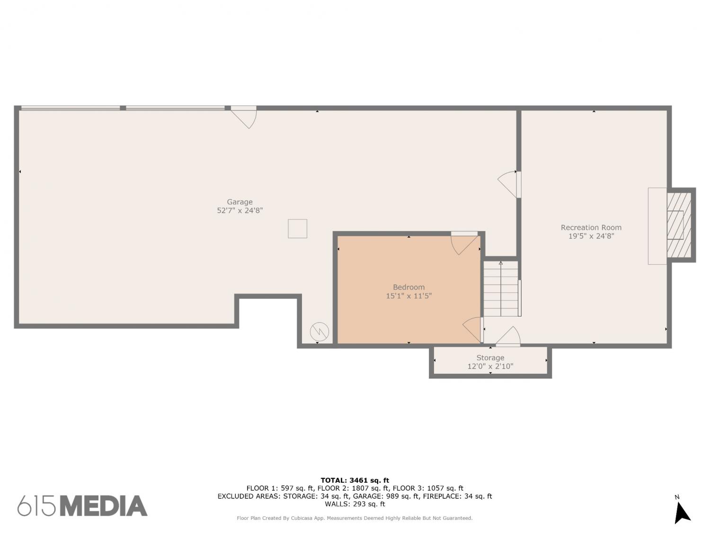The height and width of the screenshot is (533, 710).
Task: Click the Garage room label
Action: pyautogui.click(x=240, y=202)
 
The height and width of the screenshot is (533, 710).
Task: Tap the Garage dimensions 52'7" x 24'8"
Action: pyautogui.click(x=240, y=211)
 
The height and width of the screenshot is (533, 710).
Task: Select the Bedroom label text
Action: pyautogui.click(x=409, y=287)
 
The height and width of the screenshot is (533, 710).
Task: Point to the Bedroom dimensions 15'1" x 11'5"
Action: pyautogui.click(x=409, y=296)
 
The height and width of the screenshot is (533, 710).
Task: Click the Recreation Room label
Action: pyautogui.click(x=591, y=227)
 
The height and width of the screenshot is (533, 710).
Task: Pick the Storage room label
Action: pyautogui.click(x=490, y=358)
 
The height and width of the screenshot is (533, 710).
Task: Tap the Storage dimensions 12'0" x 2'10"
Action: pyautogui.click(x=490, y=366)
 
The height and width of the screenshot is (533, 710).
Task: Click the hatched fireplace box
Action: pyautogui.click(x=679, y=225)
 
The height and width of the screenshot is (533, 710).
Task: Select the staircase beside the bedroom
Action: pyautogui.click(x=501, y=289)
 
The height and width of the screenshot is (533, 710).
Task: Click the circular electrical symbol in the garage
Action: pyautogui.click(x=319, y=331)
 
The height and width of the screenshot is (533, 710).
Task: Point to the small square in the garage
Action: pyautogui.click(x=298, y=228)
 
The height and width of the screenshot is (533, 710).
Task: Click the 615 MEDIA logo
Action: pyautogui.click(x=82, y=506)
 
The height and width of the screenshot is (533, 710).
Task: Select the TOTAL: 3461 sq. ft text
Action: pyautogui.click(x=355, y=480)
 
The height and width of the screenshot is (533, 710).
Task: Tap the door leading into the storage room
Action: pyautogui.click(x=508, y=336)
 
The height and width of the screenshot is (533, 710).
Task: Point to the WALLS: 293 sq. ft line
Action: pyautogui.click(x=355, y=504)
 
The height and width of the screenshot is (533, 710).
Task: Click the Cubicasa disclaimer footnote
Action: pyautogui.click(x=355, y=518)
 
